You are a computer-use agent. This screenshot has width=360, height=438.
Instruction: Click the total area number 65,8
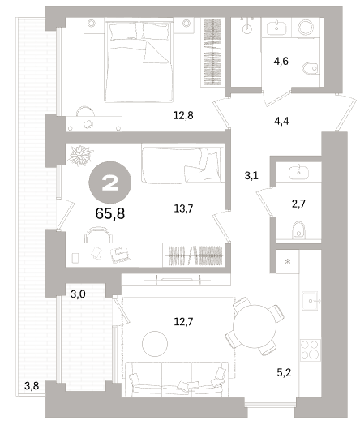tap(109, 213)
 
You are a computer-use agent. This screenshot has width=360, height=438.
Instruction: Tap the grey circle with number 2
tap(109, 182)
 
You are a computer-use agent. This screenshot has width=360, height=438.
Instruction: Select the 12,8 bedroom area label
tap(183, 115)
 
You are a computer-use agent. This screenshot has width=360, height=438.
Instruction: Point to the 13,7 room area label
tap(183, 208)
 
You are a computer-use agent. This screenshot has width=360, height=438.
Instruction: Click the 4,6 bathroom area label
tap(281, 61)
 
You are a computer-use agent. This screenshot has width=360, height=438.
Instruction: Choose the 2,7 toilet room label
tap(298, 204)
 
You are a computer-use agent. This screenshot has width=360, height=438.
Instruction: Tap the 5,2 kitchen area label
tap(284, 372)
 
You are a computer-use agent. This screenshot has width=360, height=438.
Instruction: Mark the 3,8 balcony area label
tap(32, 386)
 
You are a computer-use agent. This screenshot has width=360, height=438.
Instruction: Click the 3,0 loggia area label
tap(78, 294)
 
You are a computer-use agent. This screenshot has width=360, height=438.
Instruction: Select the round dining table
tap(254, 326)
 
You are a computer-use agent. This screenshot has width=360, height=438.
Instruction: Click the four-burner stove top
tap(310, 350)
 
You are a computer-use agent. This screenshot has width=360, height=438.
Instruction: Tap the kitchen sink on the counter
tap(311, 301)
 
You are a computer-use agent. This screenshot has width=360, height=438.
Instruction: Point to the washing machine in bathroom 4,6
tap(306, 27)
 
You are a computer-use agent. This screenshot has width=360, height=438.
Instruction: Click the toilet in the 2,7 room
tap(298, 230)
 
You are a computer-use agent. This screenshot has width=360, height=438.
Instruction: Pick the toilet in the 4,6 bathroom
tap(311, 68)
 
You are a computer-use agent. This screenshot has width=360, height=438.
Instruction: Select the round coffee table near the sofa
tap(155, 344)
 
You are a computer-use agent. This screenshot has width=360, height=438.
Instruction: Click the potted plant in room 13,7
tap(80, 155)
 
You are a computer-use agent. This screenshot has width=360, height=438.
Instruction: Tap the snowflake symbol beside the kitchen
tap(287, 262)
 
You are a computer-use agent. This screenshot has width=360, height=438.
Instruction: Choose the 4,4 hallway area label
tap(281, 121)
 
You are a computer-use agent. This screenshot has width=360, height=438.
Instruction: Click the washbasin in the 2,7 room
tap(299, 172)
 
